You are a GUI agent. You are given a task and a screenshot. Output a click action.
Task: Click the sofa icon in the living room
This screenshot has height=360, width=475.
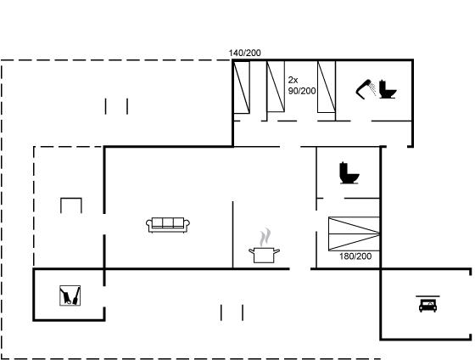coord(168,225)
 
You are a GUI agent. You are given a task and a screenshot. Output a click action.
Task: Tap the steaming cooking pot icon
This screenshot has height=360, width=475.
coord(264,245)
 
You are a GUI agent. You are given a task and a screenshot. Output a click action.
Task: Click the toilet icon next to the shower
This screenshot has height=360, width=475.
coord(388,89)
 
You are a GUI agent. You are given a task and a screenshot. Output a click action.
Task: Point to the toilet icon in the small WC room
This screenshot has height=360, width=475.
coord(349,173)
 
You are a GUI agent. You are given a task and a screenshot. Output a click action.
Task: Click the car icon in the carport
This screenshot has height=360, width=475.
coord(427,306)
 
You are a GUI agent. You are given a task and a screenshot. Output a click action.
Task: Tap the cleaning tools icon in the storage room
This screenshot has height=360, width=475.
coord(70,295)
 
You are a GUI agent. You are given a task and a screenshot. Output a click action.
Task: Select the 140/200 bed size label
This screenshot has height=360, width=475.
coord(244,53)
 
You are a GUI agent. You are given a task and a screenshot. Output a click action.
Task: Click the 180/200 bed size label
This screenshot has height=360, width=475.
coord(355,256)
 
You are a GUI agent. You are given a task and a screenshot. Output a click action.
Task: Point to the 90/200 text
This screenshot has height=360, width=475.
coord(302,91)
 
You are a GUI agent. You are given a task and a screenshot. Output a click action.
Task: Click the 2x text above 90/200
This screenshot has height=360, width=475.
coord(293,80)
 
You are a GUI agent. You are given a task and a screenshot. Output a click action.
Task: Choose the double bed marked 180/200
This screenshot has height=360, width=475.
coord(354,233)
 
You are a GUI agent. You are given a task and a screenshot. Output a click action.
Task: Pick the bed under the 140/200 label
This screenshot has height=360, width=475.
coord(242,87)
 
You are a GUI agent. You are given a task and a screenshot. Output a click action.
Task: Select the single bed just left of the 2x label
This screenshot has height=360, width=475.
coord(276,87)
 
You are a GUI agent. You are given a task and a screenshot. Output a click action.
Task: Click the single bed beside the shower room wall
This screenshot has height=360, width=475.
coord(327,87)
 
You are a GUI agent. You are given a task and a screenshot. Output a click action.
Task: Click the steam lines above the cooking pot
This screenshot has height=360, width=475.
coord(265,237)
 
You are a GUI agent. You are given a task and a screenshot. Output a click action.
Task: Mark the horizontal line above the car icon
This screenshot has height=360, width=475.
coord(427,296)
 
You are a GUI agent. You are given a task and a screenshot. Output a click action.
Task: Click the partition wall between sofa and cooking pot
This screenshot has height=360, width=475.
coord(232,234)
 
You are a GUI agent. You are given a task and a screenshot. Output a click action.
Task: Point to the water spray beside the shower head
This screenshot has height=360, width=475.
coord(373,89)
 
